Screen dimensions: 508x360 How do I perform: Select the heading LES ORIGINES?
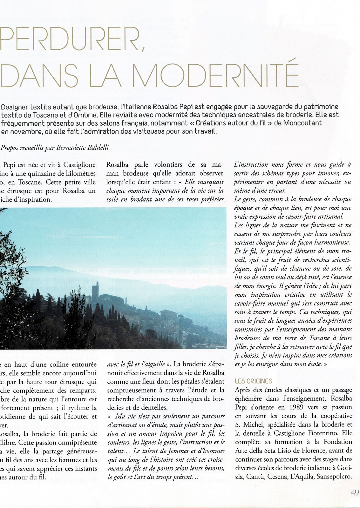click(x=253, y=381)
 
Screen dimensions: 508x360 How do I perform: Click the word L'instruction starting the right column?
click(x=251, y=165)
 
